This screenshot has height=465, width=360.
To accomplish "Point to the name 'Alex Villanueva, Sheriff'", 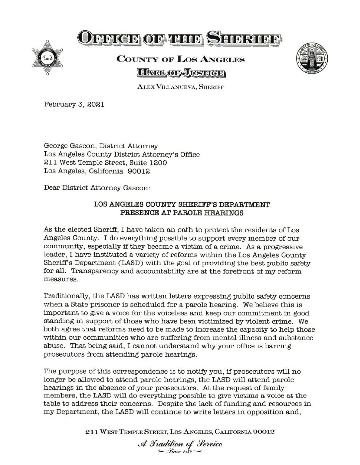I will click(x=180, y=87).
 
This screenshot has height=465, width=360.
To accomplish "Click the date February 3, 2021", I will click(x=74, y=105).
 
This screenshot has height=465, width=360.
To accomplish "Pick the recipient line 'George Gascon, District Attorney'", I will click(x=101, y=146).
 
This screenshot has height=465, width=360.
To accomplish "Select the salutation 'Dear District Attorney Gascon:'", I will click(x=97, y=188).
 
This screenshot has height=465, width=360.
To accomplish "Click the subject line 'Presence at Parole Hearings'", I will click(x=182, y=213).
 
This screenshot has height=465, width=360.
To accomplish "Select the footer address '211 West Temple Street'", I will click(x=126, y=432).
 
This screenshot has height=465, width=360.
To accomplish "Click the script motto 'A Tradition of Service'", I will click(x=180, y=444).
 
